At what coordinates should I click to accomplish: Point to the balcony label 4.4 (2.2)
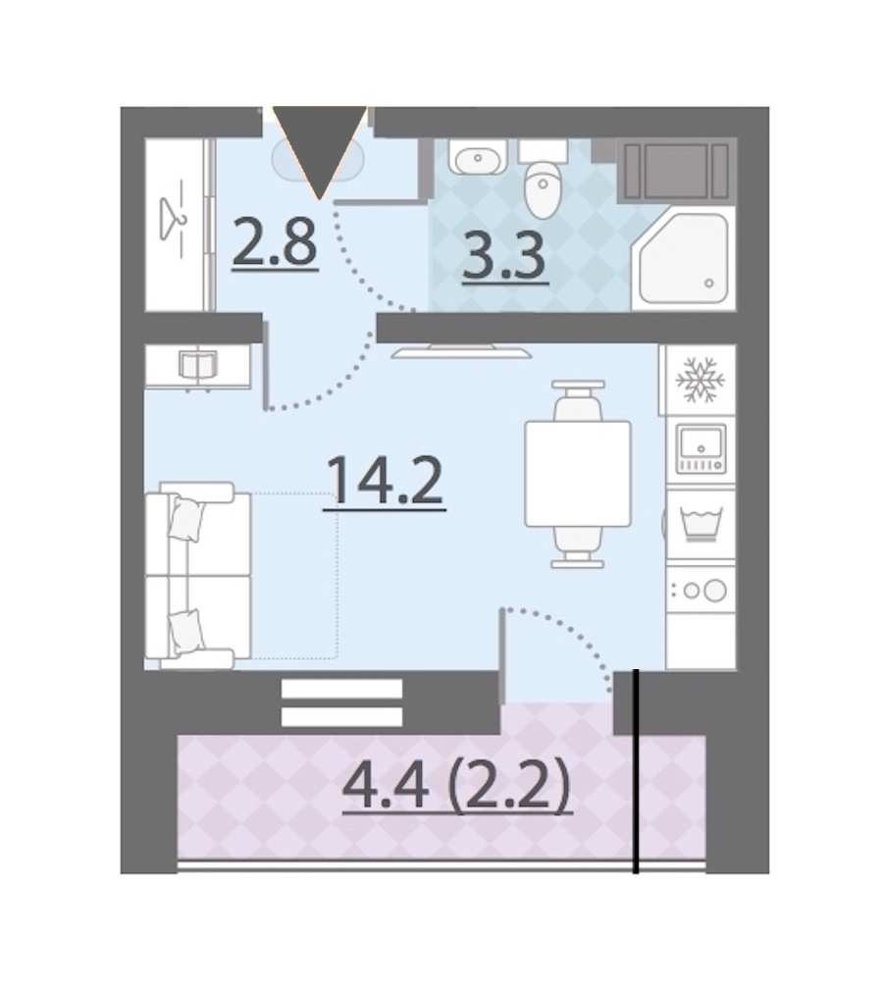click(457, 786)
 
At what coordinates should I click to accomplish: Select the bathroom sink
click(478, 157)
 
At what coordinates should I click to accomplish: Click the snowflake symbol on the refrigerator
click(700, 380)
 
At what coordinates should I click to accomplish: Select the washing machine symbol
click(700, 525)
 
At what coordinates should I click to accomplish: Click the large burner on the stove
click(715, 591)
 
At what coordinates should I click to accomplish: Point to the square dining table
click(578, 474)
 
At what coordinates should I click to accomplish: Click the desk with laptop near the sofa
click(197, 366)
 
